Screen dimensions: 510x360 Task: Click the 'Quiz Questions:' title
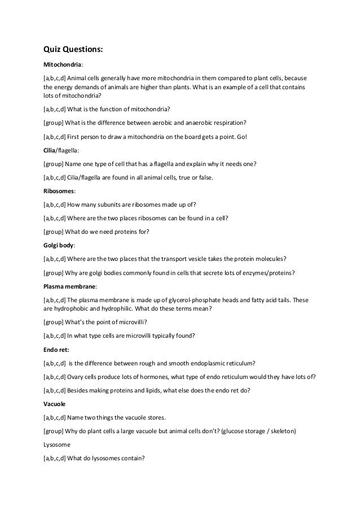click(x=73, y=49)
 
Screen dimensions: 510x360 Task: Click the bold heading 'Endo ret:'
click(x=57, y=350)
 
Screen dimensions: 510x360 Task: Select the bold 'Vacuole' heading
click(x=55, y=404)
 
